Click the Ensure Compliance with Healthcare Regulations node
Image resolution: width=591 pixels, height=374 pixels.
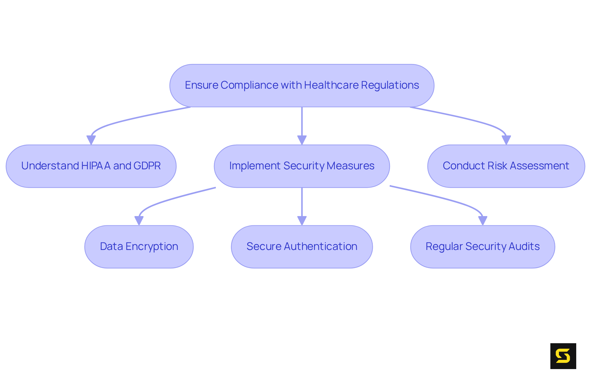[302, 86]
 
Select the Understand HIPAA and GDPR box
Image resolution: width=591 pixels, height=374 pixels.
[91, 166]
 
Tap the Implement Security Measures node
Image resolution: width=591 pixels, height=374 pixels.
[302, 166]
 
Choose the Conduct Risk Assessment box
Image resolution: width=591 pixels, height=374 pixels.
[506, 166]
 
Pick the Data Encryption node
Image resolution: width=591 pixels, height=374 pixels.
[139, 247]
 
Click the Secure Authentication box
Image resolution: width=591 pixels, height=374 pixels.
[302, 247]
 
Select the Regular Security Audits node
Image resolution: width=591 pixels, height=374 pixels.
[482, 247]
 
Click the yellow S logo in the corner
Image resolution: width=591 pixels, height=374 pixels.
[563, 356]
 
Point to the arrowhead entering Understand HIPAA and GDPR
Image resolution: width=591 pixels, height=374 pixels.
[91, 140]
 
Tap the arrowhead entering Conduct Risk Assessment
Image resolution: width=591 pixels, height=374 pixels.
[506, 140]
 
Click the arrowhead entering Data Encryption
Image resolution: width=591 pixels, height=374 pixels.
[139, 220]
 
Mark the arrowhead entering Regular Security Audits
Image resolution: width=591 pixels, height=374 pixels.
[483, 220]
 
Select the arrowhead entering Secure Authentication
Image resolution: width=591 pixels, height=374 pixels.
[302, 220]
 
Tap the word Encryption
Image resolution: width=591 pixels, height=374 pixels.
[152, 247]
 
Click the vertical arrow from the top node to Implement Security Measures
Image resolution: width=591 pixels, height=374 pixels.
[302, 123]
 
